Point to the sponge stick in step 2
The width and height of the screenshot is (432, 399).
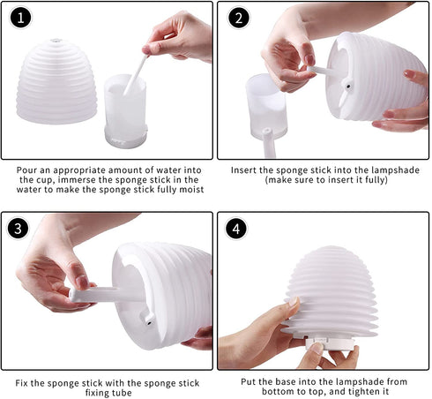323,70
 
